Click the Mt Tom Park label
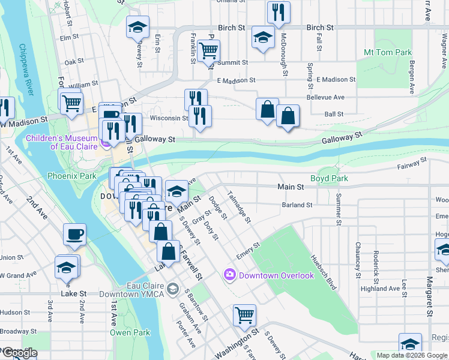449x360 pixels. [x=388, y=53]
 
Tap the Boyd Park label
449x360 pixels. [x=329, y=179]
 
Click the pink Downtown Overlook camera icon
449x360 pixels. [x=229, y=275]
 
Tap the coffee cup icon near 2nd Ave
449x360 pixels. [x=74, y=234]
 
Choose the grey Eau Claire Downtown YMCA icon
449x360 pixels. [x=173, y=290]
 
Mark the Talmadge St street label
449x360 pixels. [x=239, y=206]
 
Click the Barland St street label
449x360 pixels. [x=297, y=205]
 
